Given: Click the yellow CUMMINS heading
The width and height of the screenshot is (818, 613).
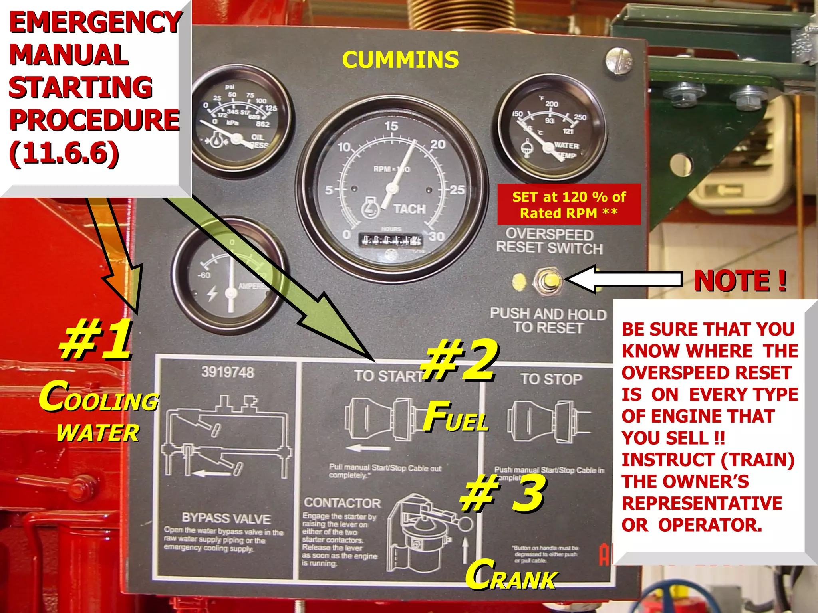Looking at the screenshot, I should click(400, 60).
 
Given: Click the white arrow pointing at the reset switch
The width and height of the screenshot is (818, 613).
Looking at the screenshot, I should click(623, 279).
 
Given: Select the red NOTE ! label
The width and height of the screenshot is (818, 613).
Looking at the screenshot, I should click(740, 281).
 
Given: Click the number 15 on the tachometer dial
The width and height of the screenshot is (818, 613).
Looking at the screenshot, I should click(391, 126).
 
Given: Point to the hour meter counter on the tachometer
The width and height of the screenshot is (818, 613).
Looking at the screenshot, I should click(391, 240).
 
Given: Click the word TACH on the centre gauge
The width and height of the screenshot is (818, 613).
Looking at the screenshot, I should click(409, 209).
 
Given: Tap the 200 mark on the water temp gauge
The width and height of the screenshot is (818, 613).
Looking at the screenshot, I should click(552, 104).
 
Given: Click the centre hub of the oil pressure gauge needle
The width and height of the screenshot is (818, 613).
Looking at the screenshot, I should click(236, 139).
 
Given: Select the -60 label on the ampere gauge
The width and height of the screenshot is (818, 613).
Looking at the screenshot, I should click(204, 275).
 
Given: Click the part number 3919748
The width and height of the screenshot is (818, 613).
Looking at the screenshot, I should click(227, 372).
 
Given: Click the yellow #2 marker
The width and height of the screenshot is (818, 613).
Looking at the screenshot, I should click(459, 361).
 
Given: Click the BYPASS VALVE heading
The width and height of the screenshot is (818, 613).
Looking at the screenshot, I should click(226, 518).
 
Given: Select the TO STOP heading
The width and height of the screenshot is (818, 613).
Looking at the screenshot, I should click(551, 379).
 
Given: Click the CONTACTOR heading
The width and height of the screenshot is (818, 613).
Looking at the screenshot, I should click(342, 503).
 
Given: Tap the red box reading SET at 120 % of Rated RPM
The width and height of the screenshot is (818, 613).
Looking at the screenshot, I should click(569, 205).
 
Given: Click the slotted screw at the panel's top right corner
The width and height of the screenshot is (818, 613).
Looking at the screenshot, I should click(619, 61).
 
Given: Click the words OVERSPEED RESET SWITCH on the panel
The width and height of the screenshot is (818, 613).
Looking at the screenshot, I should click(549, 241).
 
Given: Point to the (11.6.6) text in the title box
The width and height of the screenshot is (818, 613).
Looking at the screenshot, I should click(64, 153).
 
